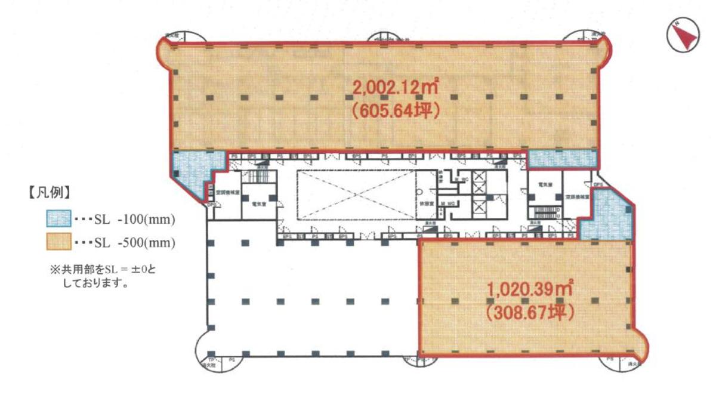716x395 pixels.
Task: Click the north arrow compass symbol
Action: coord(682,36)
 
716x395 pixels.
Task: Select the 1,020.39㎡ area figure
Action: coord(530,291)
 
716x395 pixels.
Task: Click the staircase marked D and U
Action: coord(544,212)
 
